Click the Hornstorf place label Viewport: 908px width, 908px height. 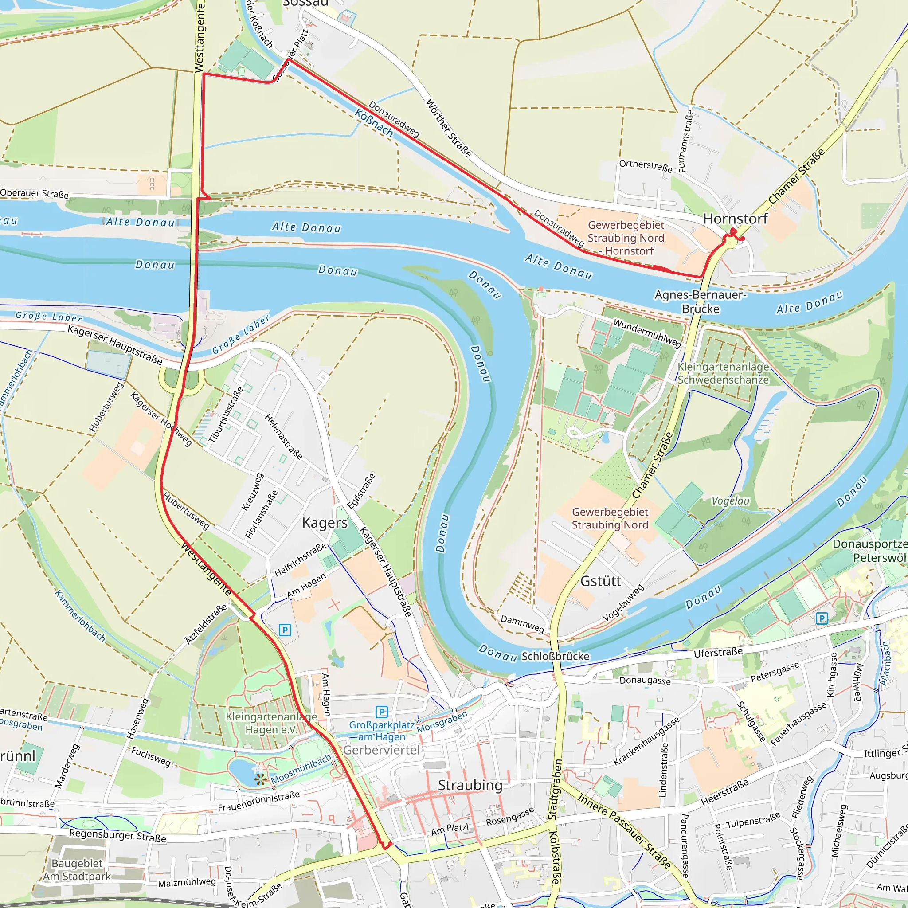[x=735, y=219]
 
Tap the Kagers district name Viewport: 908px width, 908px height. [x=325, y=523]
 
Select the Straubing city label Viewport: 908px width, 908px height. [x=470, y=785]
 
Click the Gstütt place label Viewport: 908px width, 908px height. [x=601, y=581]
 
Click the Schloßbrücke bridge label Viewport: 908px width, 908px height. [x=555, y=656]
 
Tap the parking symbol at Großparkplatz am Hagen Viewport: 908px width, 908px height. [x=382, y=712]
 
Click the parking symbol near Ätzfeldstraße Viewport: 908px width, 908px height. [x=285, y=630]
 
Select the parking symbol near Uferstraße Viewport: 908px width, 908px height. [x=822, y=618]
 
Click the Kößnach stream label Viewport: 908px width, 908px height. [x=374, y=123]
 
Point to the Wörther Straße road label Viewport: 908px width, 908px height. [x=448, y=128]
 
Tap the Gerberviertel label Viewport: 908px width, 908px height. [x=381, y=750]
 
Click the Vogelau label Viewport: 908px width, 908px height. [x=730, y=501]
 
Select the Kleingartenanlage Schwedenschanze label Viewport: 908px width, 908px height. [x=723, y=373]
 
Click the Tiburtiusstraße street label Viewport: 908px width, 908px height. [x=226, y=415]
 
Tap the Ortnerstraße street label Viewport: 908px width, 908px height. [x=645, y=166]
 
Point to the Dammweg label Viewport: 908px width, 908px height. [x=522, y=624]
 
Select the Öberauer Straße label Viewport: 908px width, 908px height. [x=34, y=193]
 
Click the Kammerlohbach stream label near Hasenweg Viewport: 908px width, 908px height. [x=80, y=616]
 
